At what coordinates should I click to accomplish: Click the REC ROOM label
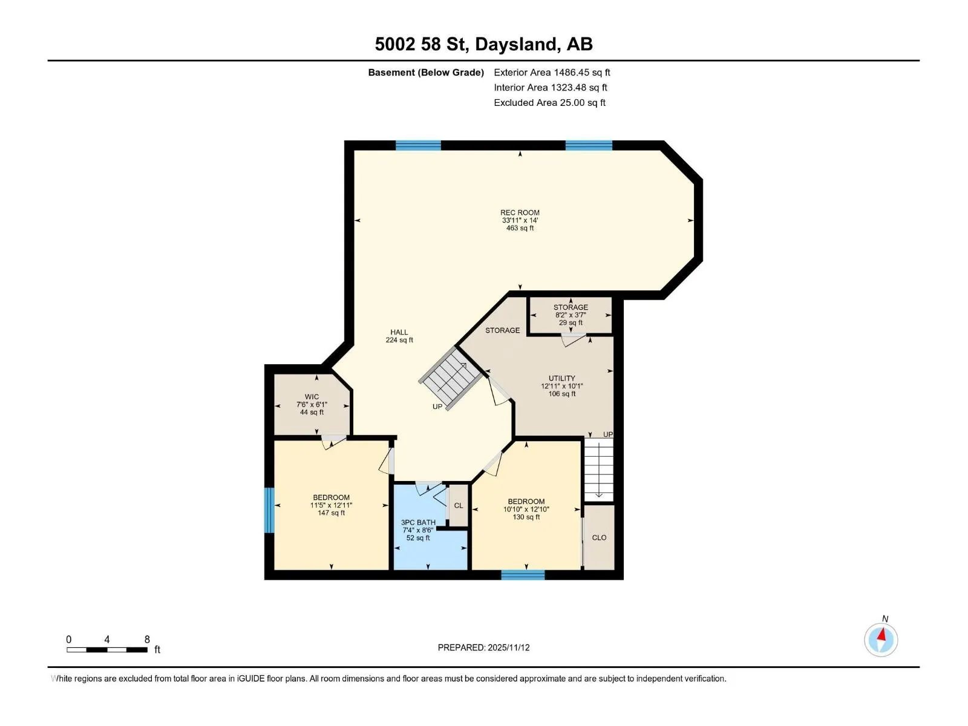[520, 220]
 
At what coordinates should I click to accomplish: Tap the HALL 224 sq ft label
[399, 336]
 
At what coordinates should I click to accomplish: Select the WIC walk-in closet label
[312, 404]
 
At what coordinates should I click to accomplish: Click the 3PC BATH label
[417, 530]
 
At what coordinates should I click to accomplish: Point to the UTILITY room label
[562, 386]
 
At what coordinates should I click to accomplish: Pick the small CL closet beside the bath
[458, 506]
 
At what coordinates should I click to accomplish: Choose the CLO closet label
[599, 537]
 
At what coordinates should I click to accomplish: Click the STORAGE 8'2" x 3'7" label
[571, 315]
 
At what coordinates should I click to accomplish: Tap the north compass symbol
[881, 639]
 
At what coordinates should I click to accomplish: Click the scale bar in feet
[106, 649]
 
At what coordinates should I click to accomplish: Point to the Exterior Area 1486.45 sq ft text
[552, 72]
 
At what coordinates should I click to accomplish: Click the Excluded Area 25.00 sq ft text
[549, 103]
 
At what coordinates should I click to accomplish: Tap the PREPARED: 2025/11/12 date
[483, 647]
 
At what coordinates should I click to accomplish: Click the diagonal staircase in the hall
[450, 378]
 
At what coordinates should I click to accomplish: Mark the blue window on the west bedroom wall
[269, 510]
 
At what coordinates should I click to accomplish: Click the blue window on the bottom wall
[523, 575]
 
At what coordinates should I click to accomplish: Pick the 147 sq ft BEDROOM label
[331, 505]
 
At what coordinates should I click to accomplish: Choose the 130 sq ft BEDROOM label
[526, 509]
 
